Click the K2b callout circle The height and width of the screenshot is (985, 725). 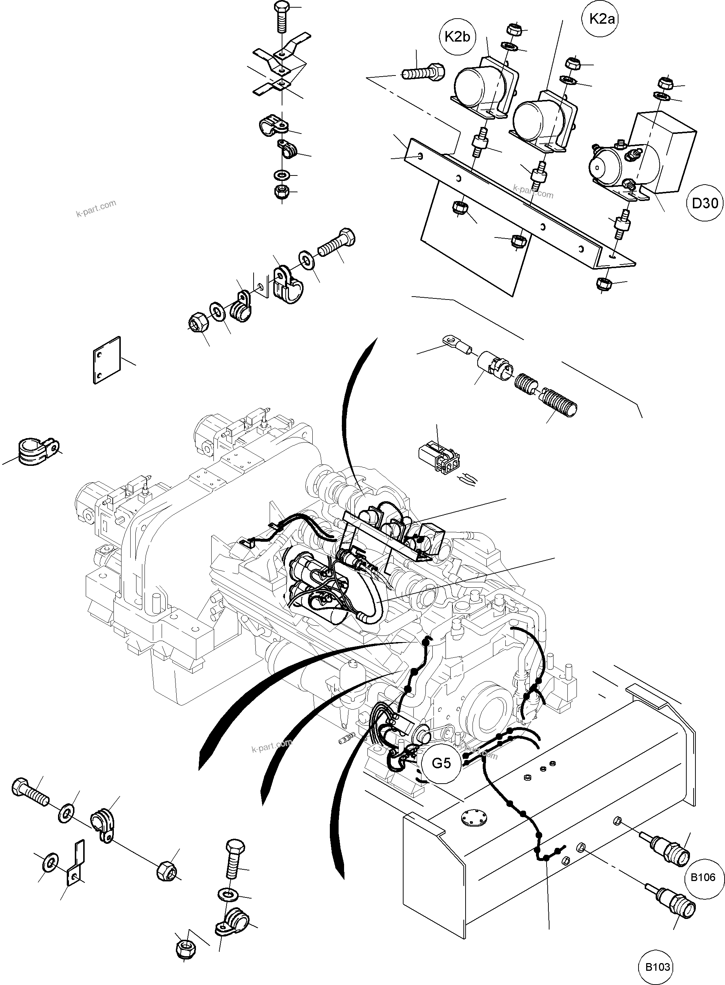tap(457, 37)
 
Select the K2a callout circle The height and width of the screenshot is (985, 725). tap(602, 19)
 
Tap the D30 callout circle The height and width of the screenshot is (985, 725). tap(705, 203)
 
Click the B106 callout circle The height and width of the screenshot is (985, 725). tap(703, 877)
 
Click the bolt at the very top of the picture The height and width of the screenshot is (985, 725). tap(281, 18)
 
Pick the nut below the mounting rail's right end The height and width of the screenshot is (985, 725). tap(604, 283)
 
